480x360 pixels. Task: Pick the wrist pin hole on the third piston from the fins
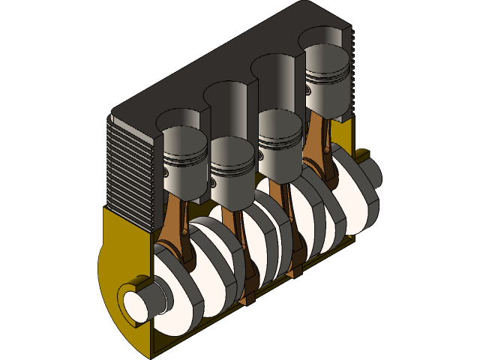coord(259,155)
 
